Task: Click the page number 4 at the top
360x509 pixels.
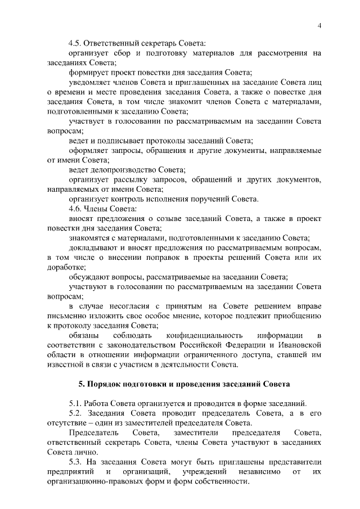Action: coord(319,25)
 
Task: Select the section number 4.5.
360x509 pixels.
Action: coord(75,43)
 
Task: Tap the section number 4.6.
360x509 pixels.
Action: coord(75,209)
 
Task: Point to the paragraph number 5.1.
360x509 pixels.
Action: coord(75,403)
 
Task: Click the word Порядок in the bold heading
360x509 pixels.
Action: coord(105,384)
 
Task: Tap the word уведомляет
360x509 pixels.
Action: coord(92,83)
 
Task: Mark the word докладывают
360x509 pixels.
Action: coord(94,247)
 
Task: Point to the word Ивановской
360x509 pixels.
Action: coord(299,345)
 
